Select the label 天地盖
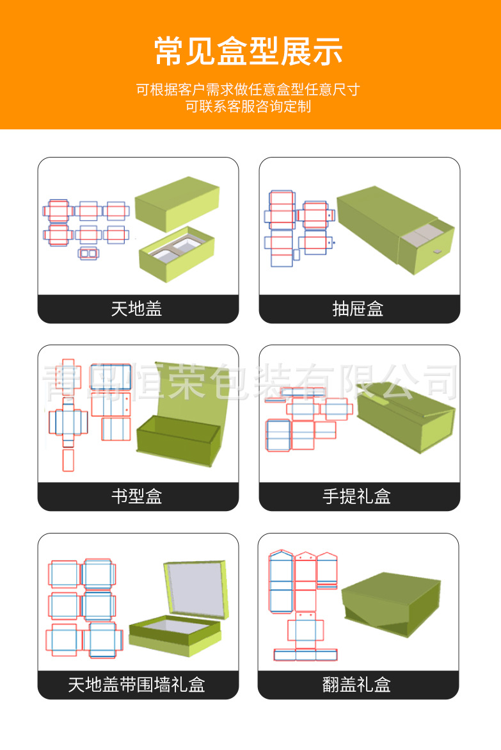tap(137, 309)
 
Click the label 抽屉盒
tap(358, 309)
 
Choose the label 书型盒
tap(137, 496)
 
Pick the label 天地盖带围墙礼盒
tap(137, 685)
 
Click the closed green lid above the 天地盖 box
tap(178, 204)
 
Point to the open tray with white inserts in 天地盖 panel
tap(177, 254)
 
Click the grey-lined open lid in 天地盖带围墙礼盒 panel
tap(195, 589)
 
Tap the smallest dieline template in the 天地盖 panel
tap(88, 253)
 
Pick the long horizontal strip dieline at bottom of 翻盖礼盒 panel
tap(305, 655)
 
